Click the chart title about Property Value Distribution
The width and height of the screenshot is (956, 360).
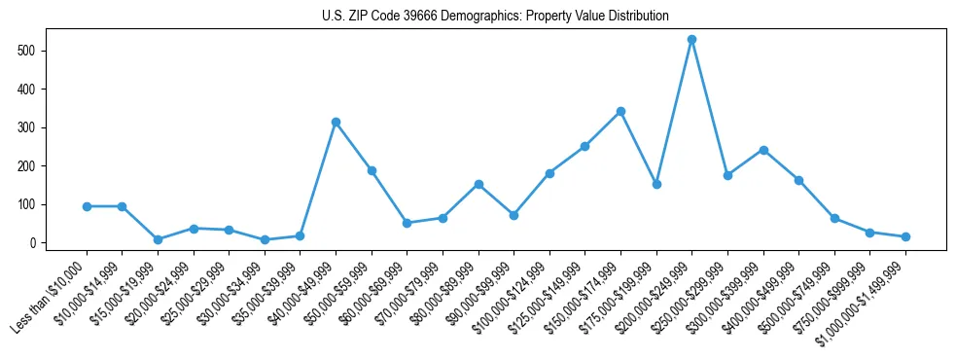coord(495,16)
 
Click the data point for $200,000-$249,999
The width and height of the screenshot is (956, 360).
coord(691,40)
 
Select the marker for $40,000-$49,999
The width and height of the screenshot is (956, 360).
coord(336,122)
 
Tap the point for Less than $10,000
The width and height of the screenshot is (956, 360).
coord(87,206)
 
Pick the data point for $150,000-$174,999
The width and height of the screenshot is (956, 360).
coord(620,111)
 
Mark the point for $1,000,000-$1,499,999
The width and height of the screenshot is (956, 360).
coord(905,236)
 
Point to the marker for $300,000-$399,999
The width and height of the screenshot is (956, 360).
coord(763,150)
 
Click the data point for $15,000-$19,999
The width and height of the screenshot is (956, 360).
coord(158,239)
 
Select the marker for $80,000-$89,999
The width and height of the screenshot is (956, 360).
coord(478,184)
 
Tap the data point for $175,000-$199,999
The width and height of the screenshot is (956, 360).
coord(656,184)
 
